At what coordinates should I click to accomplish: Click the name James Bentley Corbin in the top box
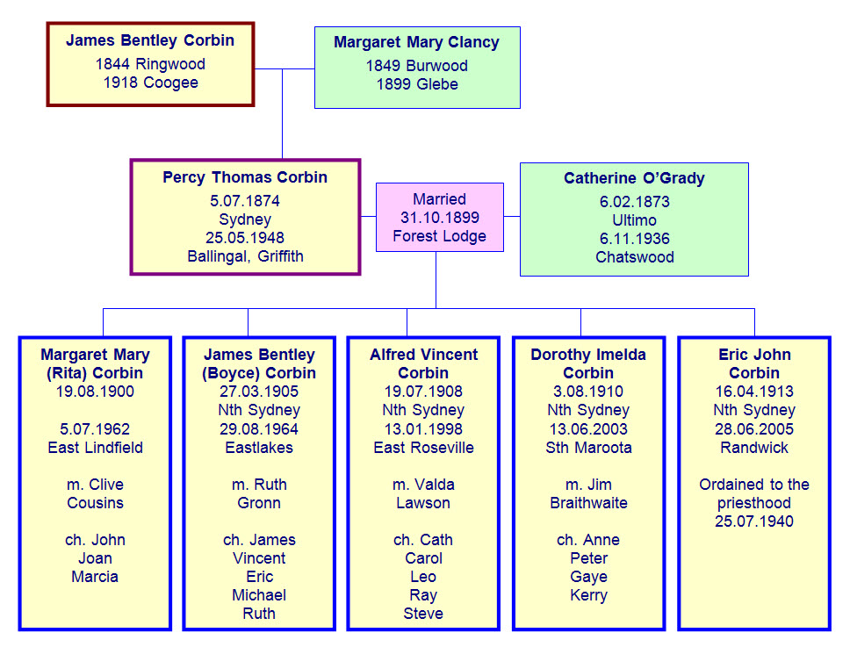150,40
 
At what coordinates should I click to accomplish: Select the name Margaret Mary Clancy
416,42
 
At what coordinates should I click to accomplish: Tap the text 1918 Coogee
150,83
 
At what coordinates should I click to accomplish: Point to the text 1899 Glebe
417,84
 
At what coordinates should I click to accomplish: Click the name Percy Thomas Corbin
245,177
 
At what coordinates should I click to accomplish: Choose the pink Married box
439,218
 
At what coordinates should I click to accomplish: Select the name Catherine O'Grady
634,178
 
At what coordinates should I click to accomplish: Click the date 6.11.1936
634,239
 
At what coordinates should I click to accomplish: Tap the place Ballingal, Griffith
245,257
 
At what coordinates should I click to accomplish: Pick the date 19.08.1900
95,392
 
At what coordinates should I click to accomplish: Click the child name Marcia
95,577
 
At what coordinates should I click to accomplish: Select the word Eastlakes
259,448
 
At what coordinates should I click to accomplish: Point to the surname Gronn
259,503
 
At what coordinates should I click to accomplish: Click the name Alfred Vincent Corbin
423,363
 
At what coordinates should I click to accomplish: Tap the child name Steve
423,614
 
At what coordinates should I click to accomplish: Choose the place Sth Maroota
588,448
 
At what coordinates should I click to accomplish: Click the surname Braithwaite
588,503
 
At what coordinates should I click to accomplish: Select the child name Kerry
588,595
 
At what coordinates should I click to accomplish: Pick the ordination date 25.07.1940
754,521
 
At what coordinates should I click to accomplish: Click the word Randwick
754,448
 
